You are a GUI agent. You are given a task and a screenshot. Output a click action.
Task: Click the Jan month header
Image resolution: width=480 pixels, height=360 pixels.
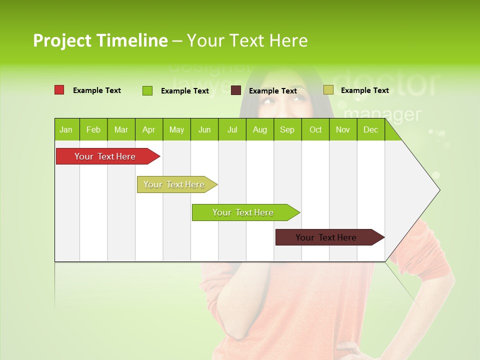click(x=66, y=129)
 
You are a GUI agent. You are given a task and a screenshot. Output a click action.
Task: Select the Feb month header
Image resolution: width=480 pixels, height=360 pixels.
click(x=93, y=129)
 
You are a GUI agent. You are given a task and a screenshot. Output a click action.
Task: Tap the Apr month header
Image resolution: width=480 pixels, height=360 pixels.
click(x=148, y=129)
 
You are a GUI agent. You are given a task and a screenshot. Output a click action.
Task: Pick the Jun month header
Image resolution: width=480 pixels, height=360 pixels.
click(x=204, y=129)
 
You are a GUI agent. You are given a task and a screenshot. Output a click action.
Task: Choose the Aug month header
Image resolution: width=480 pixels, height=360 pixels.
click(x=259, y=129)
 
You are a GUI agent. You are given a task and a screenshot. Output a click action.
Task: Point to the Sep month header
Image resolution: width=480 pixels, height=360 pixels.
click(x=287, y=129)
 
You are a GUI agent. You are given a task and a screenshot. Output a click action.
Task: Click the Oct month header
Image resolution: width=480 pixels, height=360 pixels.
click(x=315, y=129)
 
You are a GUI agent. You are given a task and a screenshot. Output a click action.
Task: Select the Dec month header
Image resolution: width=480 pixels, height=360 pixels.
click(x=370, y=129)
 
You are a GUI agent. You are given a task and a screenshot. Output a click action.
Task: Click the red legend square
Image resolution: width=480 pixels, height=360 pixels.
click(x=59, y=90)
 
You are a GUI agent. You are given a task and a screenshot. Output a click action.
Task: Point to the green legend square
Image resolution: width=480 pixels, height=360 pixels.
click(x=147, y=90)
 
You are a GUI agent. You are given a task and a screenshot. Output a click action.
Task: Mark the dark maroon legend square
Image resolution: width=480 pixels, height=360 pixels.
click(x=236, y=90)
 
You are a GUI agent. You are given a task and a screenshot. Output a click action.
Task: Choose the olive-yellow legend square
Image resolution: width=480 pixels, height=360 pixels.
click(x=328, y=90)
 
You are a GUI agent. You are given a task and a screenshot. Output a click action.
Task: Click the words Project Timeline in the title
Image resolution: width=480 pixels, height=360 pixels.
click(x=100, y=40)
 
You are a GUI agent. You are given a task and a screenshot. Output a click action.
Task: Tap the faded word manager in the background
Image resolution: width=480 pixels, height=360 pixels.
click(x=382, y=114)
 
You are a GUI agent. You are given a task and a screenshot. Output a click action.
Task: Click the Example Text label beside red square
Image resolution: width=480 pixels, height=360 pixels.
click(x=97, y=90)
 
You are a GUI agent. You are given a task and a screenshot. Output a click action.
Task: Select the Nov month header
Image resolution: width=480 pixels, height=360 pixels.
click(x=343, y=129)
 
